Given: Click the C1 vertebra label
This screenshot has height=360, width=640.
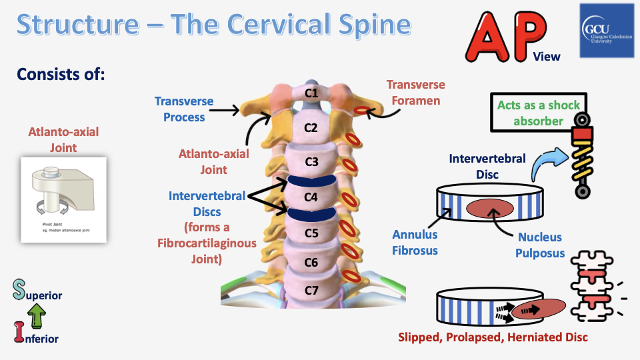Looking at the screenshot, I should tap(311, 93).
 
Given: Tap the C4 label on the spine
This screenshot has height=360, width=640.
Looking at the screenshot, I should tap(311, 197).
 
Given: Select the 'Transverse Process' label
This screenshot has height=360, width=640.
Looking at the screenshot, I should tap(184, 109).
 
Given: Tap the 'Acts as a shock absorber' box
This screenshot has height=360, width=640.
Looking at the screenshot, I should tap(539, 113).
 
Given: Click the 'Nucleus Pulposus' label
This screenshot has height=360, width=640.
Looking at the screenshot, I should tap(540, 245).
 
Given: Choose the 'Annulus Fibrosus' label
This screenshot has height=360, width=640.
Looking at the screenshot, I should tap(415, 241).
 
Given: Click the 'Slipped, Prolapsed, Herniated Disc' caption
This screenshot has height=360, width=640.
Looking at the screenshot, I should tap(493, 337).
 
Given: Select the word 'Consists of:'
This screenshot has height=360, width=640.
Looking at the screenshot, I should tap(61, 73).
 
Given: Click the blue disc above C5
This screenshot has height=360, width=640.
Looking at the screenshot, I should tap(311, 213).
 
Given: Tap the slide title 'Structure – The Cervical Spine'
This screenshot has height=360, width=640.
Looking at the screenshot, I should tap(213, 25).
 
